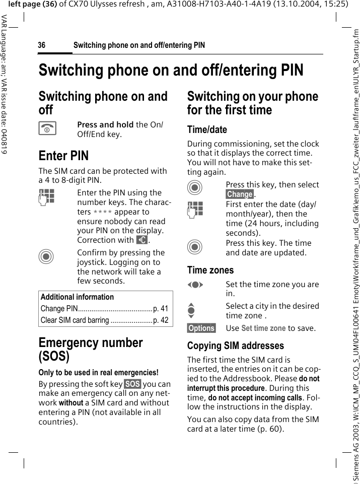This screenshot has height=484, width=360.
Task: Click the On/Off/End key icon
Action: point(47,129)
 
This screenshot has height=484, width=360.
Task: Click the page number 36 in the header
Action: point(42,45)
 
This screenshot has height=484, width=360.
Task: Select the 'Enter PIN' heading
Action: point(63,156)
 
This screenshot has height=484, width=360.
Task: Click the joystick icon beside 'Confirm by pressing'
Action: point(46,257)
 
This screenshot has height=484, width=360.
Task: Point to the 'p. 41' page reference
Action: point(161,309)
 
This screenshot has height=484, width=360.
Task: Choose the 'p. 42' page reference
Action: point(161,320)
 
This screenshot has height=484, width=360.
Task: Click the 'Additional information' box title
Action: point(77,297)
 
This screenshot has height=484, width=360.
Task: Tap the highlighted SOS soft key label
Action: point(133,384)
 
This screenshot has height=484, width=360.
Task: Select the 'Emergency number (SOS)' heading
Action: point(91,350)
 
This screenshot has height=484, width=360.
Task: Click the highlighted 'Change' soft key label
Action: point(240,194)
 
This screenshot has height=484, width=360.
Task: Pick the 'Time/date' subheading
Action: point(207,129)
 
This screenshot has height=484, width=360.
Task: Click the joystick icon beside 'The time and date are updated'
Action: point(195,247)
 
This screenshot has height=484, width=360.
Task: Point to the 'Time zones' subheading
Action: point(210,270)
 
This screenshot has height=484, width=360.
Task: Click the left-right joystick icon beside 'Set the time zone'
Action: point(195,285)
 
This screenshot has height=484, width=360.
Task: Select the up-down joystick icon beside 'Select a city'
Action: point(195,310)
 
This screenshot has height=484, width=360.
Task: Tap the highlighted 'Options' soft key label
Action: point(201,328)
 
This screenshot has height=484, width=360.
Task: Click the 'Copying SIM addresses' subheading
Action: point(236,346)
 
